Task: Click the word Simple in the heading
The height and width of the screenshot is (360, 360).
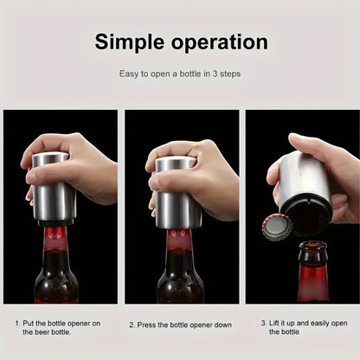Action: pyautogui.click(x=130, y=43)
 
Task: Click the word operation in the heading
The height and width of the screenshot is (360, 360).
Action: pyautogui.click(x=220, y=42)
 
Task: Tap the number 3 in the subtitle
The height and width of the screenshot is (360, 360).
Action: pyautogui.click(x=215, y=74)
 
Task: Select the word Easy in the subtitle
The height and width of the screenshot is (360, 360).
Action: pyautogui.click(x=129, y=74)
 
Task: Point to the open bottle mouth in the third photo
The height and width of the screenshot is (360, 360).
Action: pyautogui.click(x=312, y=246)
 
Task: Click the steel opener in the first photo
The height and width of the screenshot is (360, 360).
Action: pyautogui.click(x=54, y=188)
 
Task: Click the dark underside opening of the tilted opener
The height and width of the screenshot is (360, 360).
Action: pyautogui.click(x=306, y=213)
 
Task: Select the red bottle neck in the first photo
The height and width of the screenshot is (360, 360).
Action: pyautogui.click(x=55, y=240)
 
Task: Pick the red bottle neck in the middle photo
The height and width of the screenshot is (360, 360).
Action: pyautogui.click(x=178, y=241)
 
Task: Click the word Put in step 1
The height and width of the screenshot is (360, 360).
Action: pyautogui.click(x=29, y=323)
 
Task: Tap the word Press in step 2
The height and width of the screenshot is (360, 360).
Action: pyautogui.click(x=146, y=325)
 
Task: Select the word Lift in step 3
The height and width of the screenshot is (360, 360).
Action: pyautogui.click(x=273, y=323)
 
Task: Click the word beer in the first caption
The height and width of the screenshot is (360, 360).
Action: pyautogui.click(x=42, y=332)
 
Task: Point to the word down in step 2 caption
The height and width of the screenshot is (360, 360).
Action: pyautogui.click(x=222, y=325)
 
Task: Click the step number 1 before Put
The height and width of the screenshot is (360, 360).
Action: pyautogui.click(x=17, y=323)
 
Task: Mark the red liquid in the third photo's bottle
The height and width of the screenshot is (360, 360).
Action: pyautogui.click(x=313, y=283)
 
